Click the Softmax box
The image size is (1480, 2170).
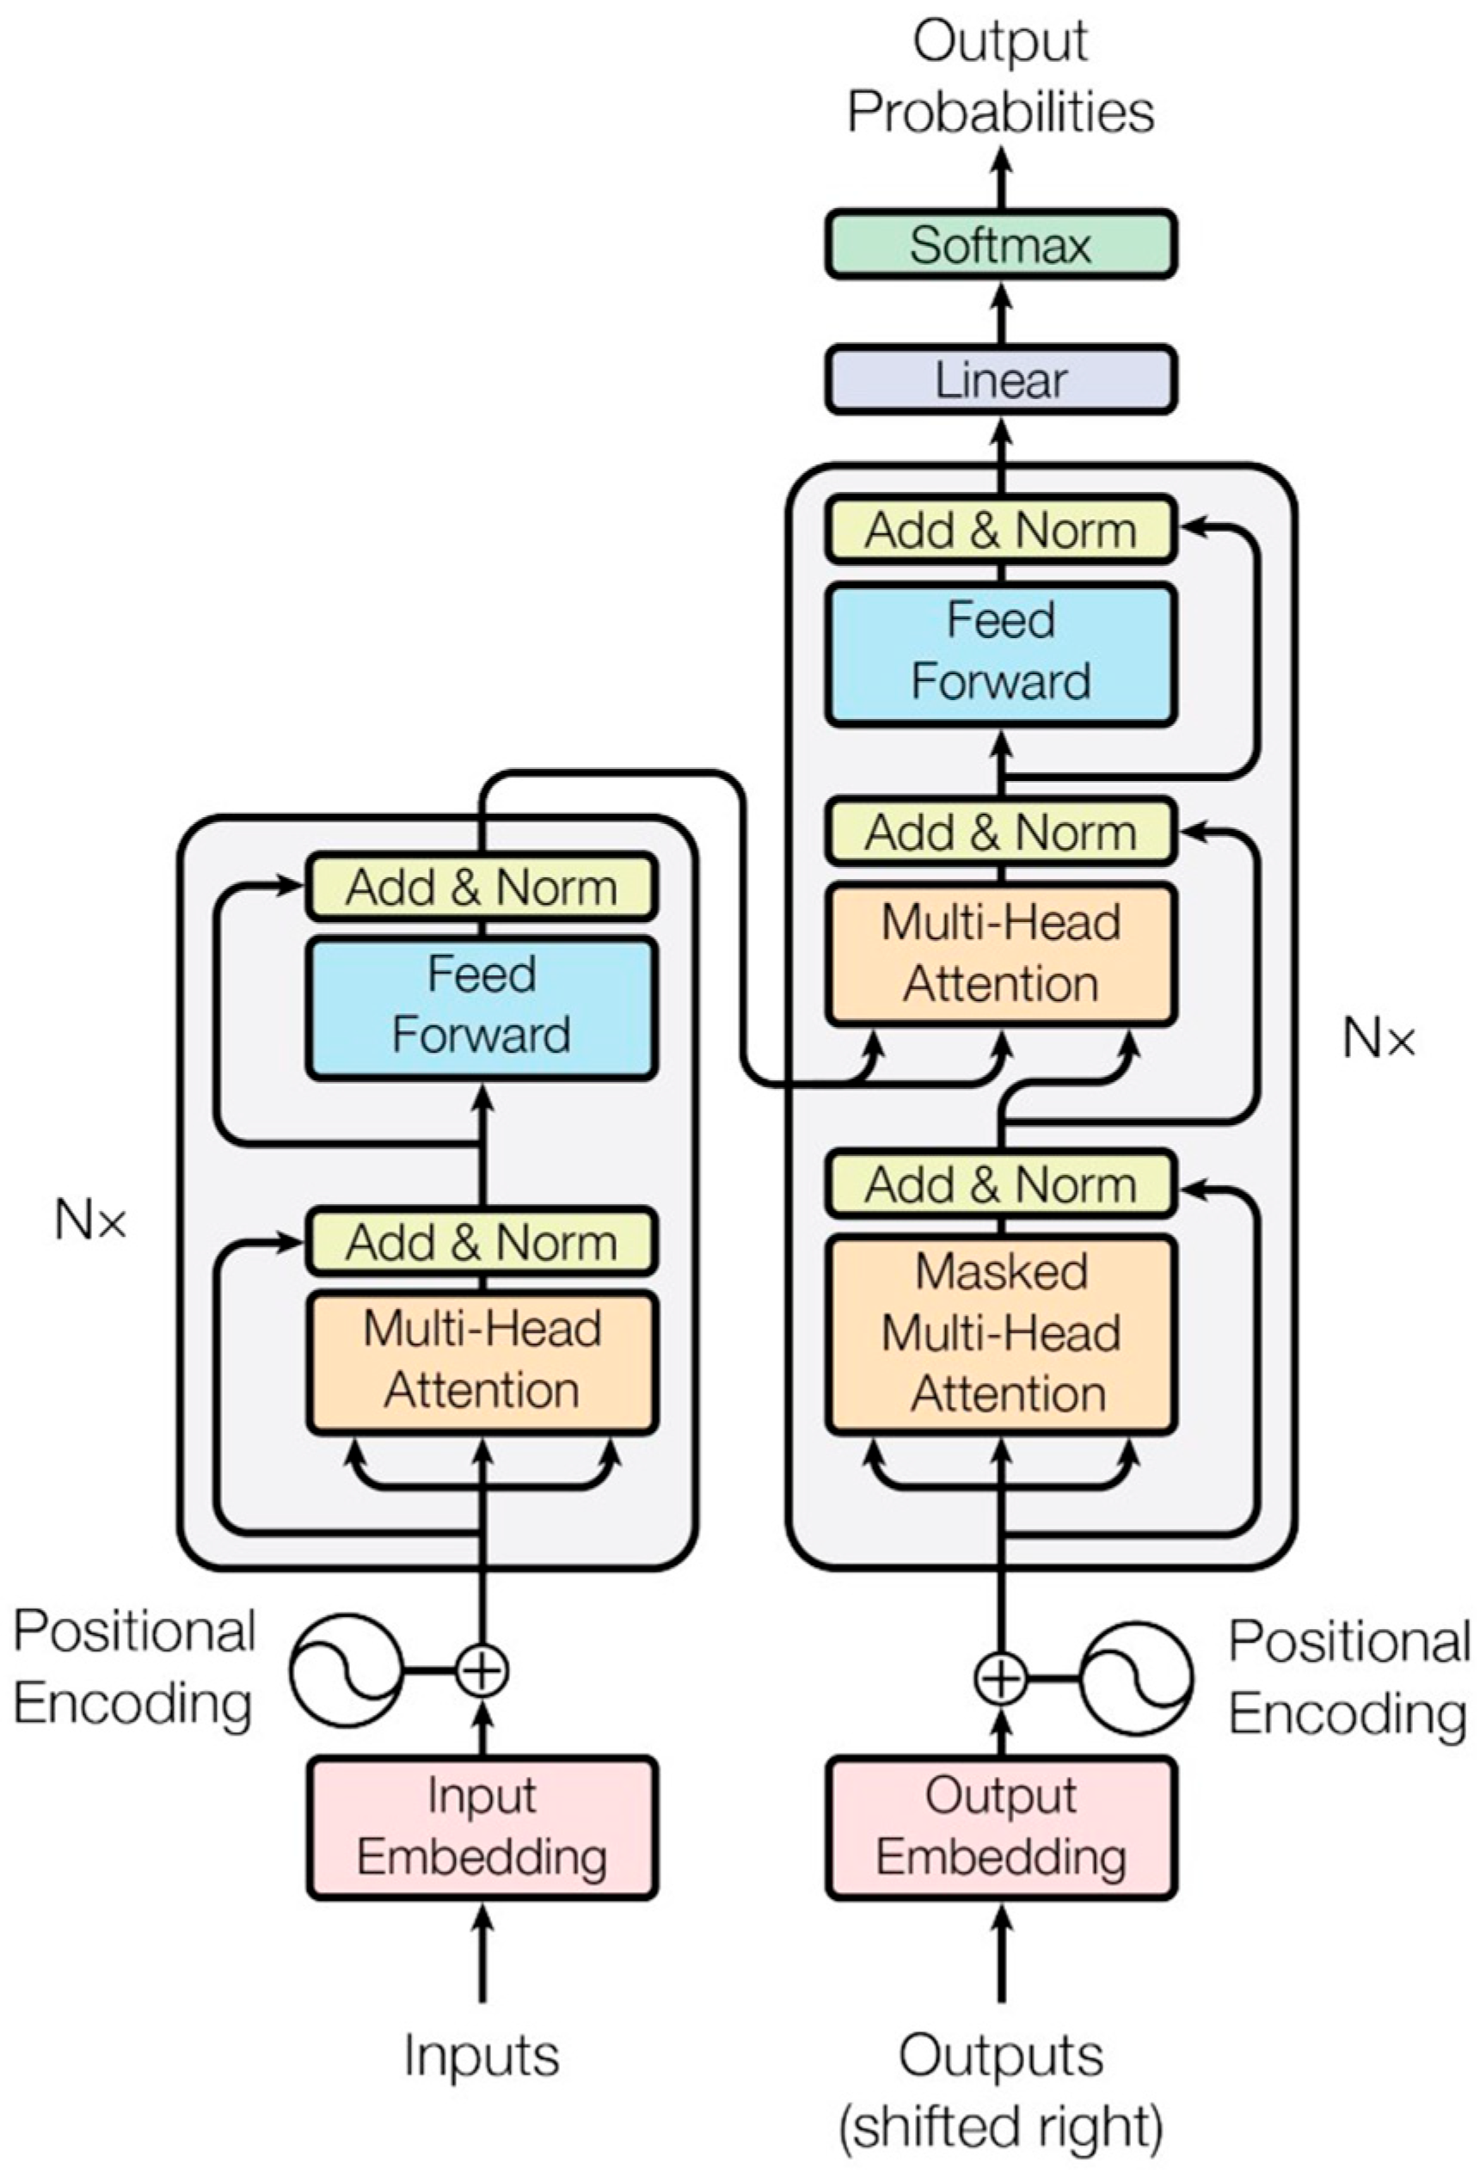tap(1000, 244)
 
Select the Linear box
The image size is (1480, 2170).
tap(1000, 380)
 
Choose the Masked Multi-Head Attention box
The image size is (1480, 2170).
tap(1000, 1334)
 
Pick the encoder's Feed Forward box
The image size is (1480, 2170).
tap(482, 1006)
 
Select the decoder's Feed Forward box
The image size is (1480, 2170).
tap(1000, 653)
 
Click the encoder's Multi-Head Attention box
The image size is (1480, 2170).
tap(482, 1361)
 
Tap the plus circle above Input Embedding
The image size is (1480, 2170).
tap(482, 1669)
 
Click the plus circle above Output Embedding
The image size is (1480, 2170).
tap(1000, 1678)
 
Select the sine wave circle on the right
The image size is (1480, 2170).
tap(1136, 1678)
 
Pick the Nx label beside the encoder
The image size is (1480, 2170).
tap(89, 1220)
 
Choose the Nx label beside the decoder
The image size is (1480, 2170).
tap(1378, 1038)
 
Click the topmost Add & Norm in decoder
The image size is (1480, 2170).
tap(1000, 531)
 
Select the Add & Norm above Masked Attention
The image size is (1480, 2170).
tap(1000, 1185)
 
